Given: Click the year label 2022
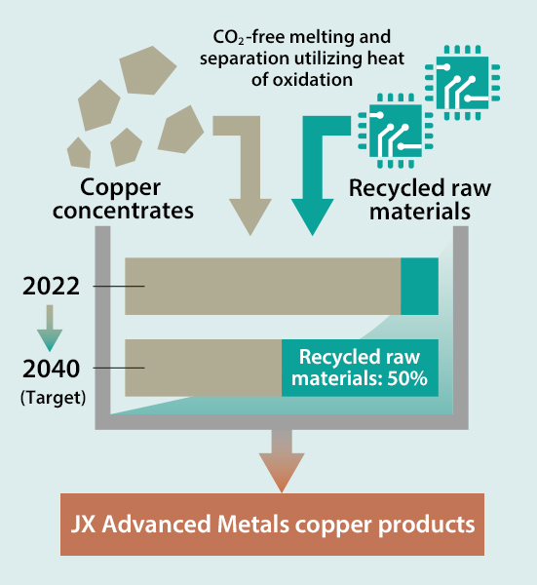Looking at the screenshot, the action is pos(51,287).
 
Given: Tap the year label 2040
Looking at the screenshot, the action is pos(51,369).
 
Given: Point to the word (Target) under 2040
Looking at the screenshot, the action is pos(53,398).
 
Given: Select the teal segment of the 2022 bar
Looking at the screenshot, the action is pos(419,286).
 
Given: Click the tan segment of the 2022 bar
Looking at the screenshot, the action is pos(263,286).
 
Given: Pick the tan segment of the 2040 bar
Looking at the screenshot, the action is pos(204,368).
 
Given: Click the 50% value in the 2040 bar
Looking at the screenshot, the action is pos(407,378).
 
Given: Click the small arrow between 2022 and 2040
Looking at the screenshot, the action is pos(50,329).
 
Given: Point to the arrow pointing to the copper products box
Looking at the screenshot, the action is pos(282,461).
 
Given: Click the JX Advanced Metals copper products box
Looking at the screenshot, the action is pos(272,525).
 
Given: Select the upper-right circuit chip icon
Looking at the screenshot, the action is pos(462,83).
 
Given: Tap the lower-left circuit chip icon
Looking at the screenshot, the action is pos(396,131).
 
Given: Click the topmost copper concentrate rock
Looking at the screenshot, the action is pos(146,70).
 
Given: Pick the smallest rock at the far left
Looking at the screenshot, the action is pos(79,153).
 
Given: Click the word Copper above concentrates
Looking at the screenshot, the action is pos(121,188).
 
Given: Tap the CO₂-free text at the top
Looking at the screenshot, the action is pos(249,37).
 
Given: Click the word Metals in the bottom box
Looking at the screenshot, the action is pos(252,525).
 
